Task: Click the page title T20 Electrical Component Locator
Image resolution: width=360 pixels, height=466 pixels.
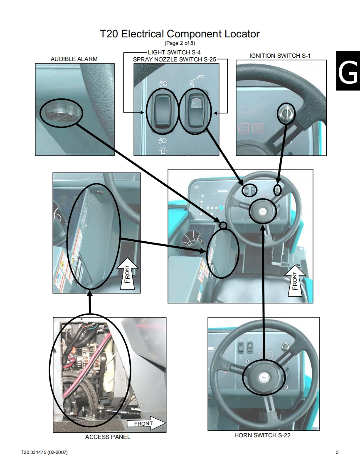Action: coord(180,34)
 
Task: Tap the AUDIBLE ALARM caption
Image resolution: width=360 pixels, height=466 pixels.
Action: coord(74,59)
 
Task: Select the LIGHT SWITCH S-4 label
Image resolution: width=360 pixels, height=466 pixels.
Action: coord(174,52)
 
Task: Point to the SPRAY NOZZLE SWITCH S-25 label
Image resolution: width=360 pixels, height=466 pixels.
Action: coord(175,59)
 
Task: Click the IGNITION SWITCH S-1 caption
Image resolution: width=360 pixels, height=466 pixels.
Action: coord(280,56)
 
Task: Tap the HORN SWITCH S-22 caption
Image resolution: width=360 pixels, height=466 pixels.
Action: coord(262,435)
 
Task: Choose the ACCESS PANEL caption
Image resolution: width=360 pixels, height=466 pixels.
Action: coord(108,437)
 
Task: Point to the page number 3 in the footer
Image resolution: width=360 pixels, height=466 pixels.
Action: coord(337,452)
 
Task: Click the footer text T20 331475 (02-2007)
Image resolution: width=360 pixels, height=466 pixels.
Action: coord(44,452)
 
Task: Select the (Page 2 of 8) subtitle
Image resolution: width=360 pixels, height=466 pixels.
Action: coord(180,43)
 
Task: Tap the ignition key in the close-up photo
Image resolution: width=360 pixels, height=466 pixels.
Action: coord(286,113)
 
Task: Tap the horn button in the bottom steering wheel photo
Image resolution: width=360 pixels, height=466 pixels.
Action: coord(264,377)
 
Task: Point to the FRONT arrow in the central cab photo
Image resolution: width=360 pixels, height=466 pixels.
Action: coord(295,280)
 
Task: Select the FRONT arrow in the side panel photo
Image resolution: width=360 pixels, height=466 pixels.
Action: coord(127,273)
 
